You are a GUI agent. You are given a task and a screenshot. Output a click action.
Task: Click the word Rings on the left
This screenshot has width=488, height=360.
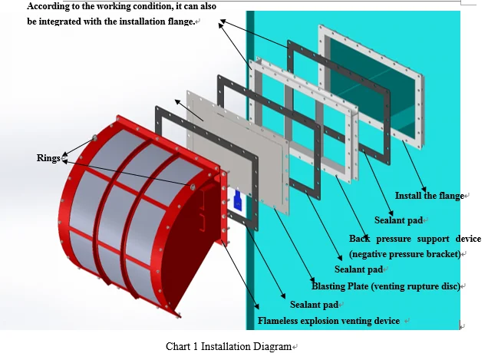pyautogui.click(x=48, y=158)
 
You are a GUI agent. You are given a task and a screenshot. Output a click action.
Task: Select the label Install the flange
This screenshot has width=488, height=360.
pyautogui.click(x=429, y=196)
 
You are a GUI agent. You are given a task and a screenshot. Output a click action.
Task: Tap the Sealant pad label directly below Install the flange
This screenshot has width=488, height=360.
pyautogui.click(x=399, y=220)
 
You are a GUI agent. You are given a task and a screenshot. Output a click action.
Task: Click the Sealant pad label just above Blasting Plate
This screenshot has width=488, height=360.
pyautogui.click(x=358, y=269)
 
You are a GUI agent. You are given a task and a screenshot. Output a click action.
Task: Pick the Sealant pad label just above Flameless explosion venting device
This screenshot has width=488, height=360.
pyautogui.click(x=314, y=305)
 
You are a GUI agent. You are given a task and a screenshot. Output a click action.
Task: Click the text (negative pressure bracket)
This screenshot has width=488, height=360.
pyautogui.click(x=405, y=253)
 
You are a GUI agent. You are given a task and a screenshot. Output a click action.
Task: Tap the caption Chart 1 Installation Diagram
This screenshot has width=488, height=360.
pyautogui.click(x=229, y=346)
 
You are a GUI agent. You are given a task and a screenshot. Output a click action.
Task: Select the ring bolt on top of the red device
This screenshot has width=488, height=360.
pyautogui.click(x=94, y=138)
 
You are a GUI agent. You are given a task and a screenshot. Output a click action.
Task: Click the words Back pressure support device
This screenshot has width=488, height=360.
pyautogui.click(x=415, y=239)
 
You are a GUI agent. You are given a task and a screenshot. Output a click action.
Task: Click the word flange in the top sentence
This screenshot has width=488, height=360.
pyautogui.click(x=177, y=21)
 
